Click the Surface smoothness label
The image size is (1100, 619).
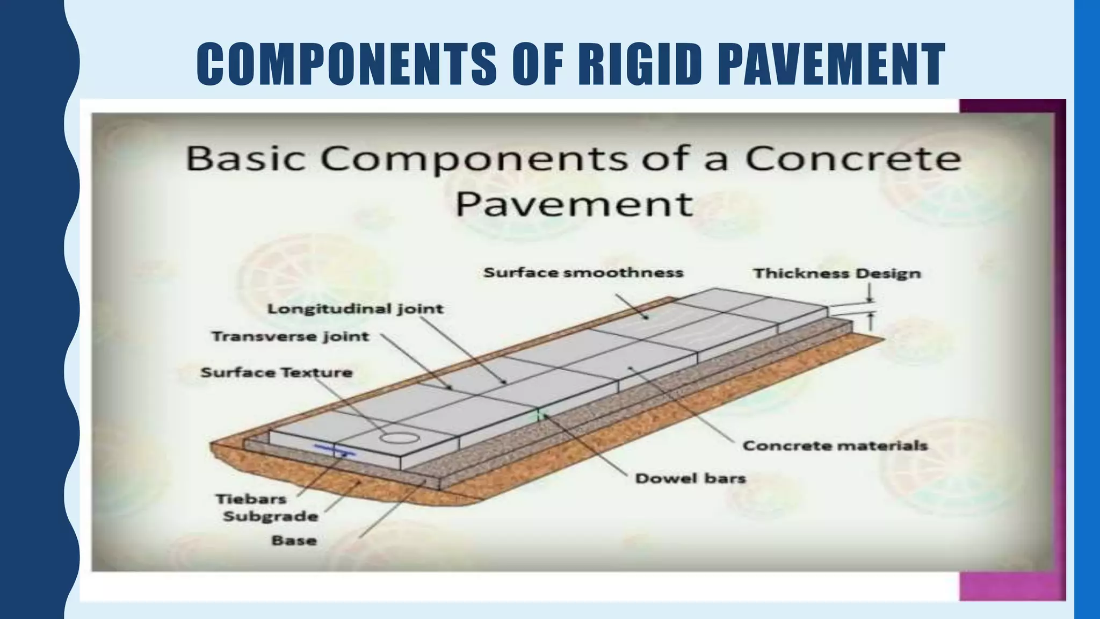583,273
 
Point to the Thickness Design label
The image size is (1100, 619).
837,274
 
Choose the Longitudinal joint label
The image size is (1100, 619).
356,309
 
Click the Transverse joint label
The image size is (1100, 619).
291,337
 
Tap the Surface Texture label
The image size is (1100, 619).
277,373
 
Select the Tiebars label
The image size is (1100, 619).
251,499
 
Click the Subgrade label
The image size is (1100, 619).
271,517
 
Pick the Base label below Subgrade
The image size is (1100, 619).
294,541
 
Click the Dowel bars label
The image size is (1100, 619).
690,479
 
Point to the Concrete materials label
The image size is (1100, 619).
835,446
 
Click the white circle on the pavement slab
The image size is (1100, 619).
400,437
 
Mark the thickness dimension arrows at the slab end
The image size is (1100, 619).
870,311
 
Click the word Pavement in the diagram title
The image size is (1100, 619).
574,204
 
